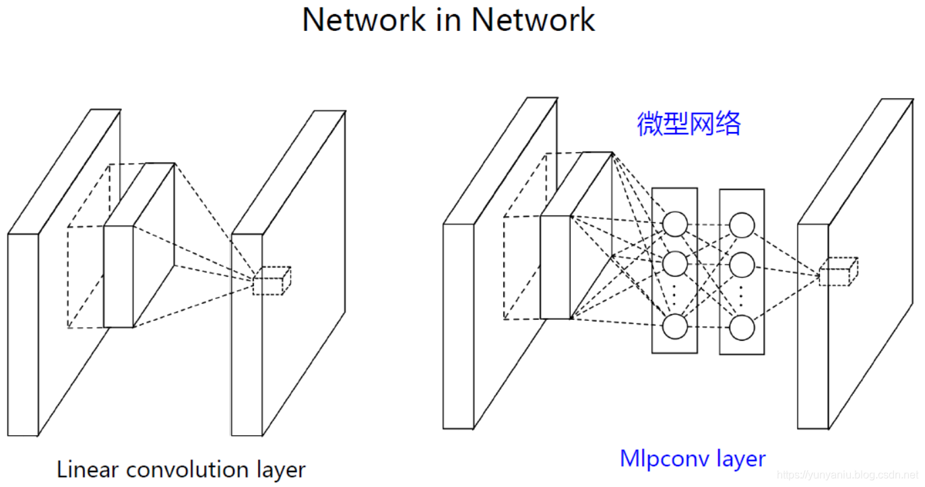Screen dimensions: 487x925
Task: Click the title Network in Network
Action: [x=448, y=20]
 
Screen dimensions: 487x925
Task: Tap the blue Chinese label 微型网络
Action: [x=689, y=124]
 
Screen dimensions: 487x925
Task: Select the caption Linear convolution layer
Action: [x=181, y=469]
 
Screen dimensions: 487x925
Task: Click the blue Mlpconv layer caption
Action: [x=692, y=459]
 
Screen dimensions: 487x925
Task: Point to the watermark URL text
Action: [x=848, y=475]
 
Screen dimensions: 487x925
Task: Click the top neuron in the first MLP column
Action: [x=675, y=224]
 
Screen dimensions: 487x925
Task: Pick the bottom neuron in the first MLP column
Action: [x=675, y=327]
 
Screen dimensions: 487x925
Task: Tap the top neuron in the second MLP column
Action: [x=742, y=225]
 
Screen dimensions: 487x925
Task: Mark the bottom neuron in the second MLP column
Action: [x=742, y=327]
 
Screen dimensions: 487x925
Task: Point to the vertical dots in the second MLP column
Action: [x=742, y=294]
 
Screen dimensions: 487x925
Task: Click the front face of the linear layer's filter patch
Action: [x=119, y=276]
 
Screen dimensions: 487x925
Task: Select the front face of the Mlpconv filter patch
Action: [x=555, y=267]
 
